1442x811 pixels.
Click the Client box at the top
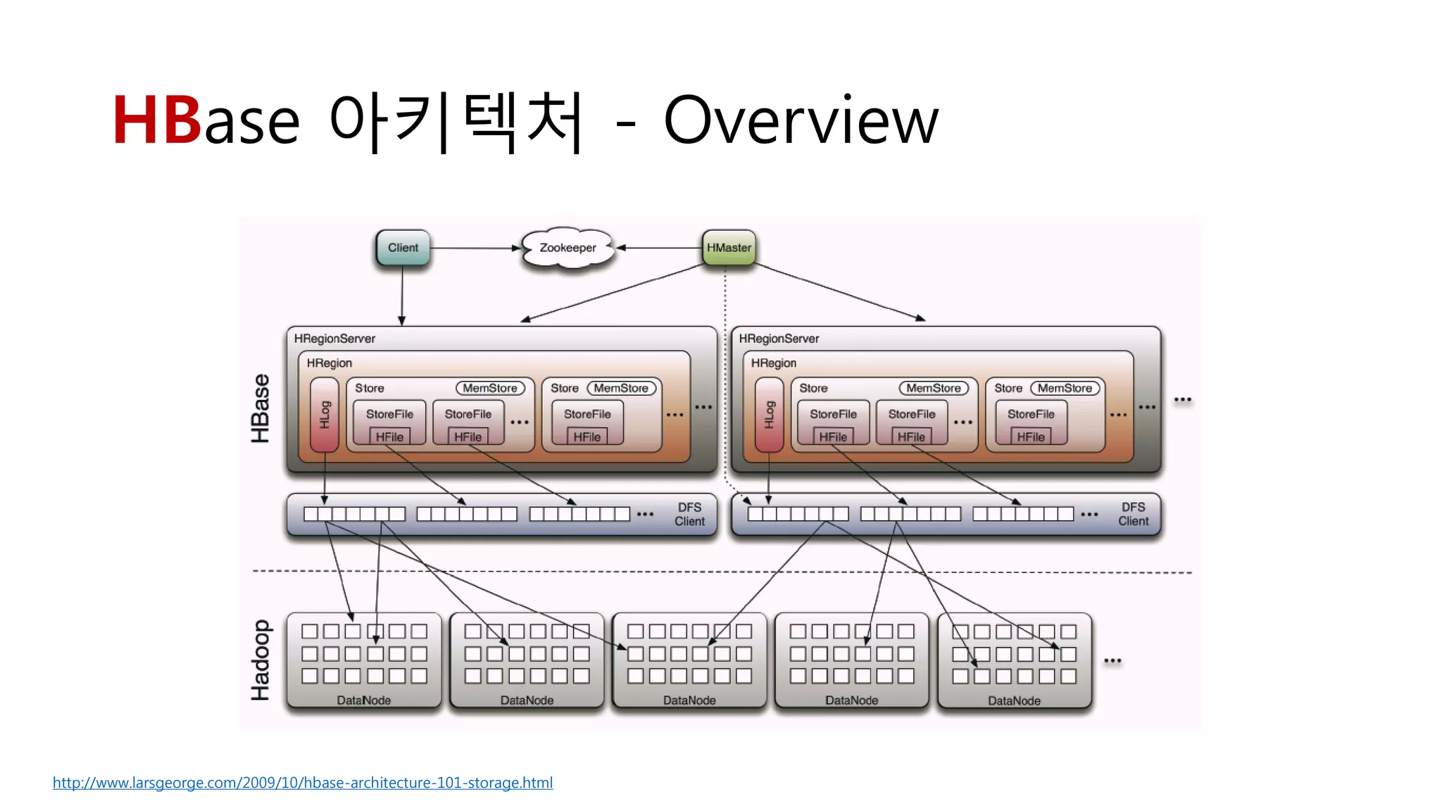(x=402, y=248)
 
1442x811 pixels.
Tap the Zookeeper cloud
(x=568, y=248)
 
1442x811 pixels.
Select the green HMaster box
(x=729, y=248)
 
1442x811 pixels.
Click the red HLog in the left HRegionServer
(x=325, y=415)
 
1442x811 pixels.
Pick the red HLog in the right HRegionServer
(x=769, y=415)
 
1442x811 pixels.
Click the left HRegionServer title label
(x=334, y=339)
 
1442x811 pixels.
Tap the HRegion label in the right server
(x=773, y=363)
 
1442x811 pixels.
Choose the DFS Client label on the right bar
(x=1133, y=515)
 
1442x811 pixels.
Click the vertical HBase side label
(x=261, y=408)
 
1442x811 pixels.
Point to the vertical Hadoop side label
(x=261, y=660)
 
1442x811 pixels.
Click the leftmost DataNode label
(x=363, y=700)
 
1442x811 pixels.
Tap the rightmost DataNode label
(x=1014, y=701)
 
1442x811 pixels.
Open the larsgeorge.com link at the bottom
(x=303, y=783)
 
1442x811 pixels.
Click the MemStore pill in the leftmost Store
(x=490, y=388)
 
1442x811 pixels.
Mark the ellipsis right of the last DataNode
(x=1112, y=661)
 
